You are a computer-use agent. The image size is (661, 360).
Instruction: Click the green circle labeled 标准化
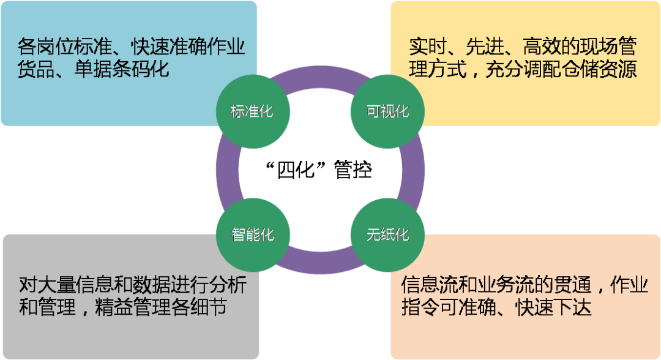pos(252,111)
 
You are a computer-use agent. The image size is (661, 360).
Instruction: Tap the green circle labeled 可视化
pos(387,111)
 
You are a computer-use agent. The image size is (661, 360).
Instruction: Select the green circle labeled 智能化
pos(252,235)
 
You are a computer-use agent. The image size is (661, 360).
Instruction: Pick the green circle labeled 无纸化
pos(387,235)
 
